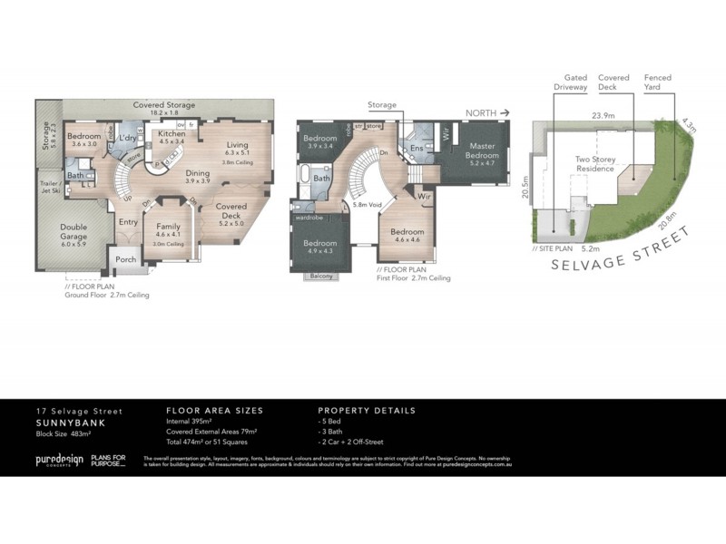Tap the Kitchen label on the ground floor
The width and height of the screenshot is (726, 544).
click(172, 132)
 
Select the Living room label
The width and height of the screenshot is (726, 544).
click(238, 145)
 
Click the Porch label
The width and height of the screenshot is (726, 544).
click(125, 258)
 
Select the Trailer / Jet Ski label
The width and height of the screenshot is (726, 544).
click(50, 188)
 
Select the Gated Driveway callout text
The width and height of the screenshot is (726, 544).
click(576, 83)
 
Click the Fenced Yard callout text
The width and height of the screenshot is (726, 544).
click(658, 83)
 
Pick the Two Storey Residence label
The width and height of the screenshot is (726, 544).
click(596, 165)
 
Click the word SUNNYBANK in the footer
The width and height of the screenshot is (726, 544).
click(64, 423)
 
